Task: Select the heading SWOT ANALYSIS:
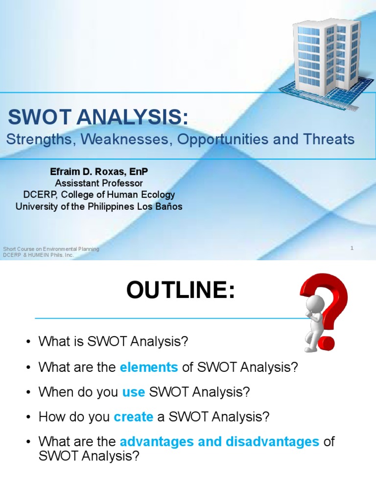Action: pyautogui.click(x=98, y=118)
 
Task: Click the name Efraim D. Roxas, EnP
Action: pyautogui.click(x=98, y=172)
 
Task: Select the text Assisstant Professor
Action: pyautogui.click(x=98, y=183)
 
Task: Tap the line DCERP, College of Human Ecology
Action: pyautogui.click(x=98, y=195)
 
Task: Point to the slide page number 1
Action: pyautogui.click(x=352, y=249)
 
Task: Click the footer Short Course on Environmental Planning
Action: pyautogui.click(x=51, y=249)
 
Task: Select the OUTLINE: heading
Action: pyautogui.click(x=181, y=291)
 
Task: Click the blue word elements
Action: pyautogui.click(x=148, y=367)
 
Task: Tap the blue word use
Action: pyautogui.click(x=133, y=392)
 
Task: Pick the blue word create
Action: pyautogui.click(x=133, y=417)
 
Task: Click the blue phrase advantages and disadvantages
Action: pyautogui.click(x=219, y=441)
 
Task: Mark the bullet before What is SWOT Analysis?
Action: pyautogui.click(x=29, y=342)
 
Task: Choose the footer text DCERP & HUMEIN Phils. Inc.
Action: pyautogui.click(x=38, y=255)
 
